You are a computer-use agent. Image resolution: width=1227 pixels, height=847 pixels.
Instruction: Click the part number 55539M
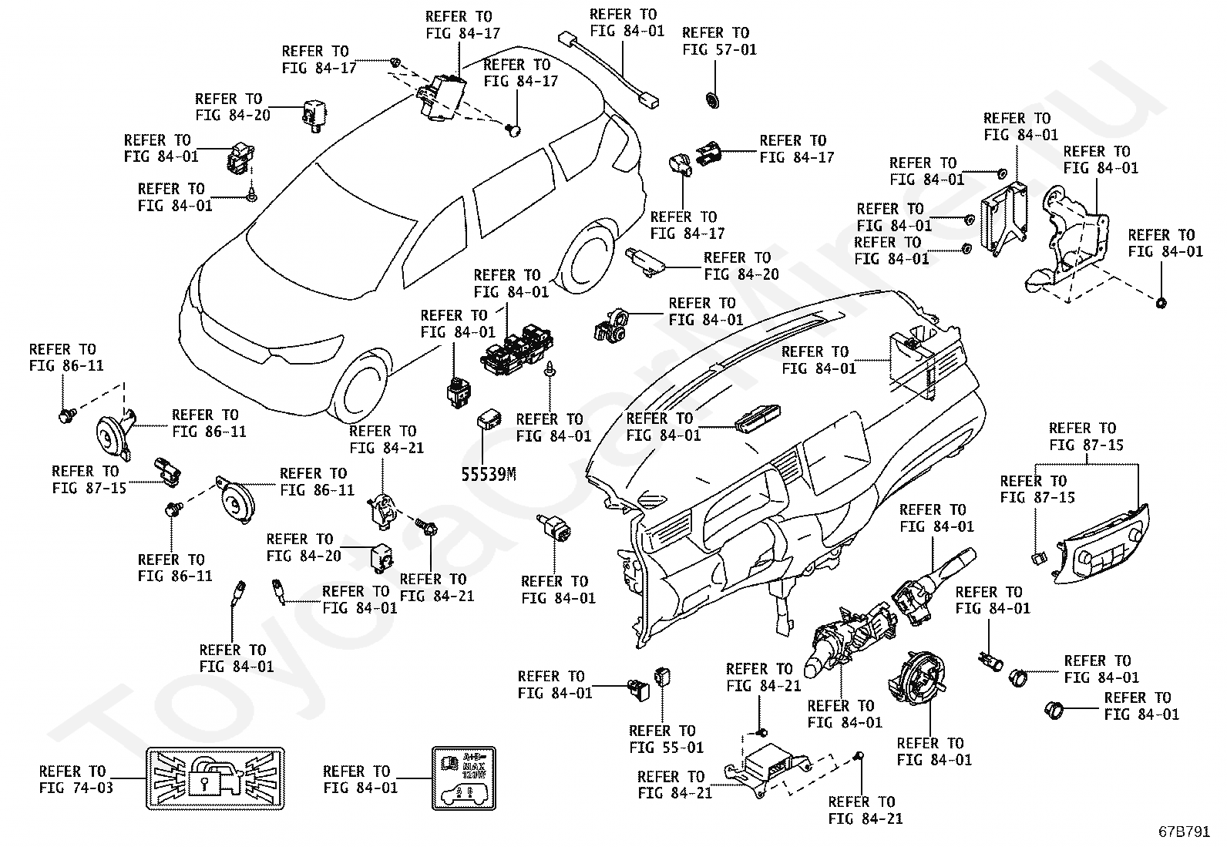[x=488, y=474]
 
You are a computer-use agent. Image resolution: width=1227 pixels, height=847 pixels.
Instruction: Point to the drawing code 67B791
[x=1185, y=832]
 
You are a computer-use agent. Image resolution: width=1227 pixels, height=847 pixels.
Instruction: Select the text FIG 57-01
[x=719, y=49]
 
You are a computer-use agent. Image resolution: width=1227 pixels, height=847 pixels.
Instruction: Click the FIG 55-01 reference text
[x=667, y=747]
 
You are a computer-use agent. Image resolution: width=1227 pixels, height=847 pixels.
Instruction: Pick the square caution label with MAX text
[x=462, y=778]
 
